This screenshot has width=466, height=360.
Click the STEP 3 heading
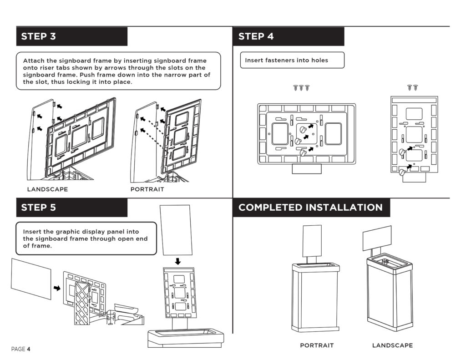tap(38, 36)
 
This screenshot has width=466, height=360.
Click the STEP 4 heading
tap(256, 36)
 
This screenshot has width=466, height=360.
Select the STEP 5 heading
tap(38, 208)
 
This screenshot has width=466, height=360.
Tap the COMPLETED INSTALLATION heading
tap(310, 208)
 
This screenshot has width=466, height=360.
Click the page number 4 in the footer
tap(28, 349)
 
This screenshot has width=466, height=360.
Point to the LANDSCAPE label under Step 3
tap(47, 189)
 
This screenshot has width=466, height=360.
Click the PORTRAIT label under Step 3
tap(147, 189)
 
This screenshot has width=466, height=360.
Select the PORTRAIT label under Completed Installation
tap(317, 345)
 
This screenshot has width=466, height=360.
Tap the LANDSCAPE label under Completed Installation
tap(392, 345)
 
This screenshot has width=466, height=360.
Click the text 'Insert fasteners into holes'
tap(286, 60)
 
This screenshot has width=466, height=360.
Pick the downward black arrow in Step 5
tap(178, 261)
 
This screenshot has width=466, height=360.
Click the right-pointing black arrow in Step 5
tap(57, 288)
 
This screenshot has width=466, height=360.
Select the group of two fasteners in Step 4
tap(413, 87)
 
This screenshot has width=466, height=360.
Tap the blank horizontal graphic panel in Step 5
tap(31, 279)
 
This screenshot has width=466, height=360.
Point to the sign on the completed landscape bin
tap(377, 238)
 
